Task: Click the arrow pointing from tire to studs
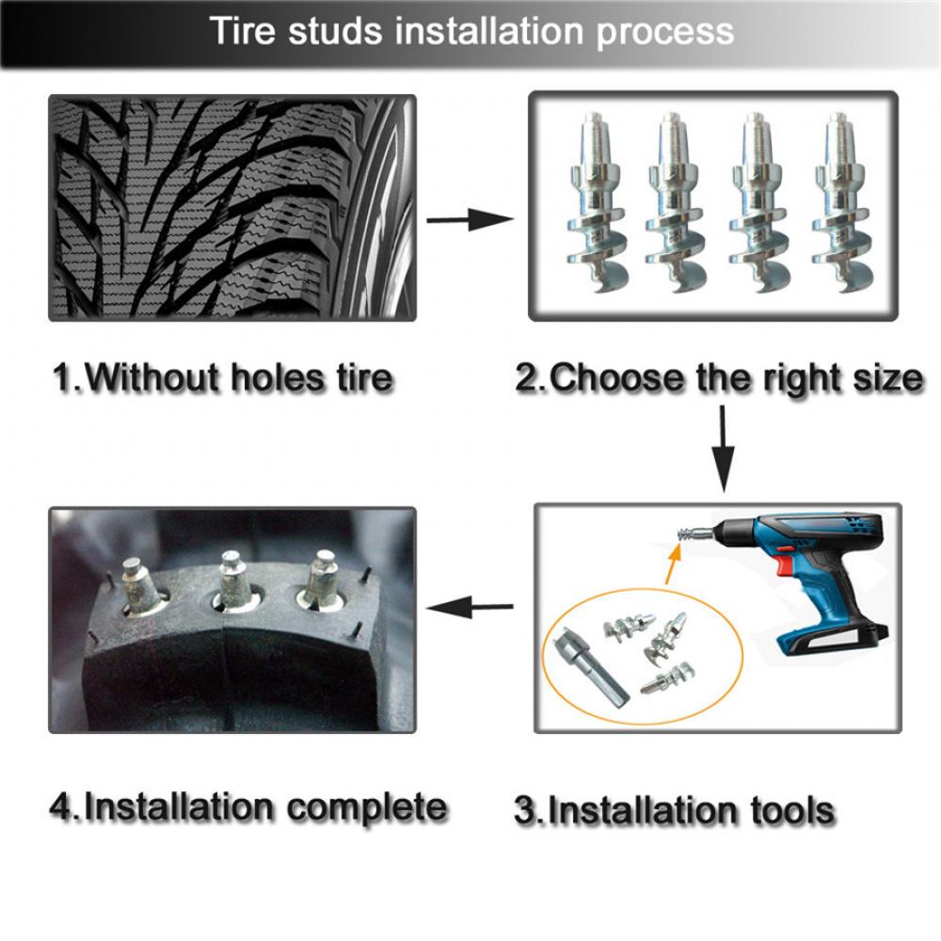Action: [470, 220]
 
